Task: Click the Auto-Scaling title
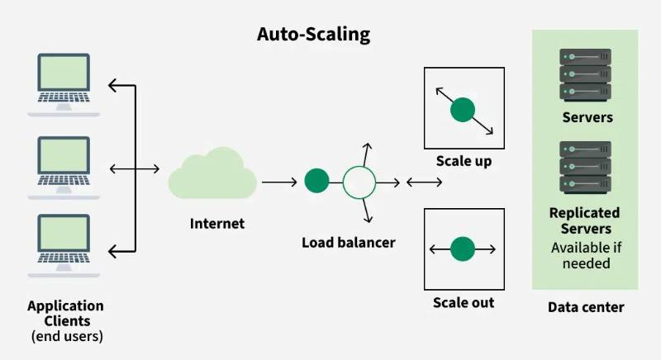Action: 313,35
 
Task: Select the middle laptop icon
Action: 64,166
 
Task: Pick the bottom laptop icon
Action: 64,246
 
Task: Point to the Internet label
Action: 217,223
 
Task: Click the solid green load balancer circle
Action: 316,181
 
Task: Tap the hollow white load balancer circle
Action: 359,181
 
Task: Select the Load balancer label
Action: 348,243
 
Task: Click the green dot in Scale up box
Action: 463,108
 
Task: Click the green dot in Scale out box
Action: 463,248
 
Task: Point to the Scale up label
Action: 463,161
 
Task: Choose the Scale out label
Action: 464,302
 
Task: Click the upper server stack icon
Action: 585,73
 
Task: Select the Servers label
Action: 587,117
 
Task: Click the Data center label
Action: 586,307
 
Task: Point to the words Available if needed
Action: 586,255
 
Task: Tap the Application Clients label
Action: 65,313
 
